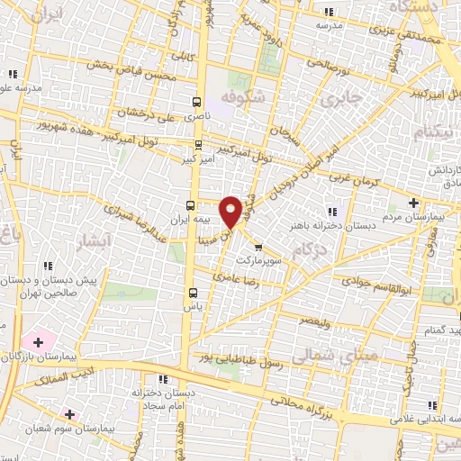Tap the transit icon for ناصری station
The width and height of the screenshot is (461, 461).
[198, 103]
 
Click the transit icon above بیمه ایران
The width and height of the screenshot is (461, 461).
[191, 204]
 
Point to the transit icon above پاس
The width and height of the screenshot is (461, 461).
[192, 292]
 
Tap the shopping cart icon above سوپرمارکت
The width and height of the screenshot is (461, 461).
[258, 247]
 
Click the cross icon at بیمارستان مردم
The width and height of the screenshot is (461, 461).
[413, 202]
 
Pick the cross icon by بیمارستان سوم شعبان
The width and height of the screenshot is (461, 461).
[69, 414]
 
